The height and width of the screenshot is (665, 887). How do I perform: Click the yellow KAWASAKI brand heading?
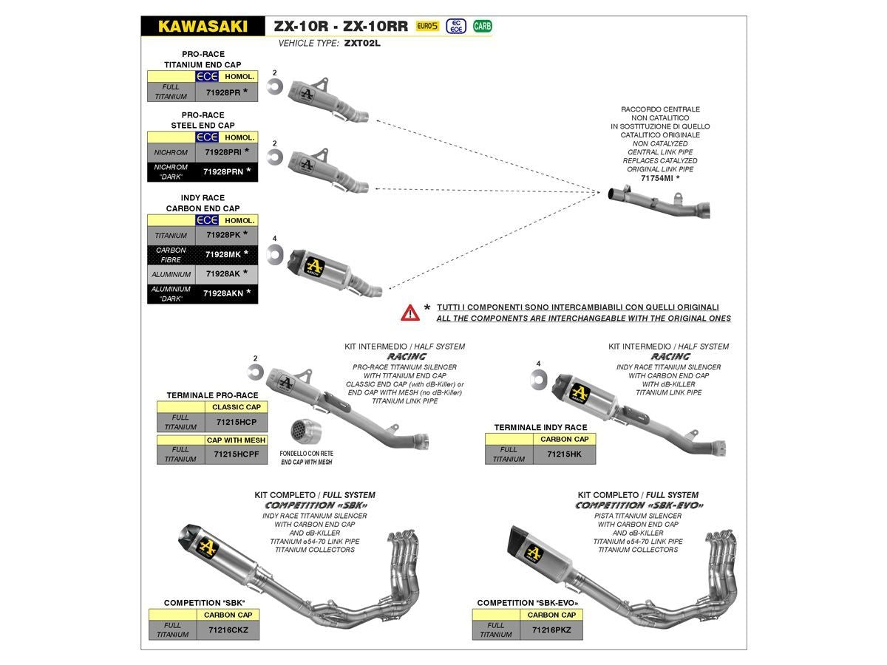tap(203, 27)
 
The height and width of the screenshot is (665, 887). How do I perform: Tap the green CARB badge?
tap(482, 27)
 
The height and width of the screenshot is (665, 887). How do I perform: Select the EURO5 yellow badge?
tap(427, 27)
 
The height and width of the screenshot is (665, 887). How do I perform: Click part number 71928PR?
tap(223, 92)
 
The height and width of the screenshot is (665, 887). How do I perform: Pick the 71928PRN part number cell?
tap(223, 171)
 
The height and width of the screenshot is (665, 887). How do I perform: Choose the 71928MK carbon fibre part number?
tap(223, 254)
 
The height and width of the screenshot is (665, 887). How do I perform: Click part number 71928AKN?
tap(223, 293)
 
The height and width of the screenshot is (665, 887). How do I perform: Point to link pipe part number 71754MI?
tap(657, 178)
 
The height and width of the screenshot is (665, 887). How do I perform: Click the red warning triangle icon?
tap(410, 313)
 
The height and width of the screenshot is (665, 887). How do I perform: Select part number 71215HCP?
tap(236, 422)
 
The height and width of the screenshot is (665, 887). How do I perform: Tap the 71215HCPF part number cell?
tap(236, 454)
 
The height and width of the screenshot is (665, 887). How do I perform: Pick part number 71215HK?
tap(563, 454)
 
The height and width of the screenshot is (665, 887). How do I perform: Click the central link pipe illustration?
tap(659, 202)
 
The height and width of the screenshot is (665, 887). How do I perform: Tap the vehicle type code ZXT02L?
tap(362, 44)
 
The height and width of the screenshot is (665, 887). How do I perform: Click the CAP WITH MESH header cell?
tap(236, 440)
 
